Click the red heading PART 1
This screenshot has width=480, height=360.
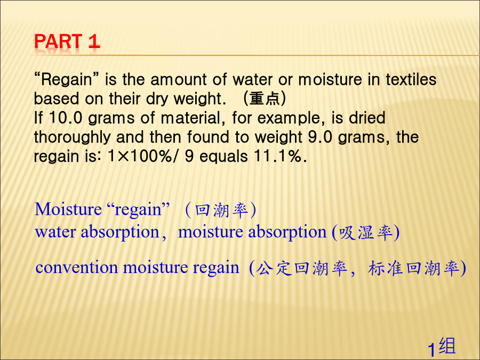[67, 41]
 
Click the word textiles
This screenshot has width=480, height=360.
[411, 79]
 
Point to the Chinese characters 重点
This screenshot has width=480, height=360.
[265, 99]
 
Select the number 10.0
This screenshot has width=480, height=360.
[66, 118]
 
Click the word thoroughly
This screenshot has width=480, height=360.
[72, 138]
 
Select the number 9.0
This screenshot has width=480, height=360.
[320, 137]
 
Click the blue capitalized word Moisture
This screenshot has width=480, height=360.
[68, 210]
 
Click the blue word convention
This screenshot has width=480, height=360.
[76, 268]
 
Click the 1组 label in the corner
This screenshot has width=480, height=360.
[442, 347]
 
